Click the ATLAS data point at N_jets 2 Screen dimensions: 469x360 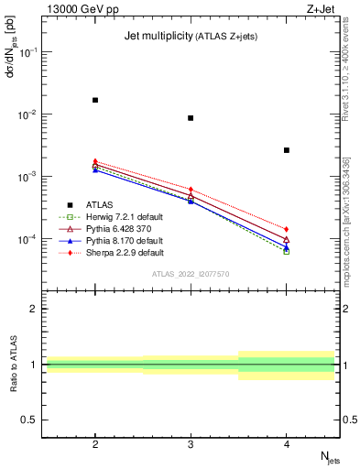[x=95, y=100]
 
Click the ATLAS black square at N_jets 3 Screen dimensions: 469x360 [x=191, y=118]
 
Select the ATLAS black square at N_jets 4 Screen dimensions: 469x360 [x=287, y=150]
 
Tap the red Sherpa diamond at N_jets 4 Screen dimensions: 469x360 [x=287, y=229]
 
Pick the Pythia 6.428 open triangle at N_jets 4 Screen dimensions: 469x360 [x=287, y=240]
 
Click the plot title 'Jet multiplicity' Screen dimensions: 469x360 [x=157, y=36]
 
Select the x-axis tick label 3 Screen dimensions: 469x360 [x=191, y=442]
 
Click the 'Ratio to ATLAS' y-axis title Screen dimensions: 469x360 [x=12, y=365]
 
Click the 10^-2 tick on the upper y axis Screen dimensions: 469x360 [x=29, y=115]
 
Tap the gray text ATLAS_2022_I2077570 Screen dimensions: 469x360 [x=191, y=274]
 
